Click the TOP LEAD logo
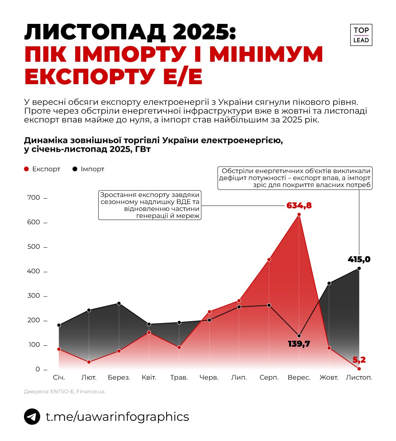tap(361, 35)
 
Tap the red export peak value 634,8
tap(299, 205)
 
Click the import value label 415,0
tap(359, 259)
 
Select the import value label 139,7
tap(299, 344)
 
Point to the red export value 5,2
tap(359, 360)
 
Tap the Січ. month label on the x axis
tap(59, 377)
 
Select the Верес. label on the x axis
tap(299, 377)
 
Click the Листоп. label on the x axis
tap(359, 377)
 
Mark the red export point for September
tap(299, 215)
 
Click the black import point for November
tap(359, 268)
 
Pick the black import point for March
tap(119, 304)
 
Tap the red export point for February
tap(89, 362)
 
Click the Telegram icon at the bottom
tap(32, 417)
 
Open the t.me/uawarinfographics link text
tap(117, 417)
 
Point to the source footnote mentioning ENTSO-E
tap(65, 391)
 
